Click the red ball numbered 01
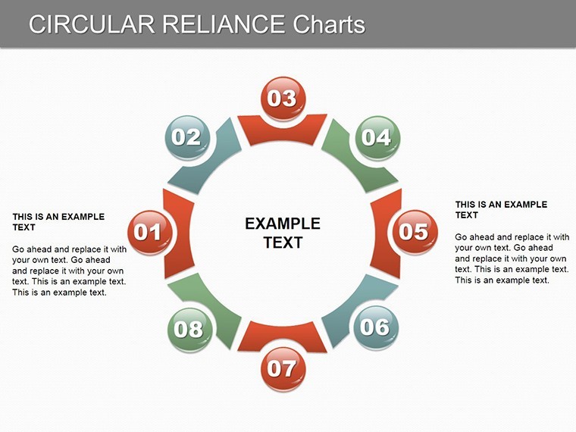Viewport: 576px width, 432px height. tap(149, 232)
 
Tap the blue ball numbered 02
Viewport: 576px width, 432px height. tap(187, 137)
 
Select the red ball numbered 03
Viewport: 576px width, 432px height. tap(283, 99)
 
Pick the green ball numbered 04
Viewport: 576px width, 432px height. tap(377, 138)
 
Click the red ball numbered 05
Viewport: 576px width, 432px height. tap(415, 232)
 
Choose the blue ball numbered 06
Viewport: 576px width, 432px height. tap(376, 327)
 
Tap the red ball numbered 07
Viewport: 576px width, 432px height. tap(283, 369)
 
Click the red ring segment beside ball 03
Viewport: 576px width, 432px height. tap(282, 133)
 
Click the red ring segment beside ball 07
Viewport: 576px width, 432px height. tap(282, 334)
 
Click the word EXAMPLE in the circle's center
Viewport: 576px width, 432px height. tap(283, 224)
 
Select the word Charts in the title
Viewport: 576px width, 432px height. tap(329, 24)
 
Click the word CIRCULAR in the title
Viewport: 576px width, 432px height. tap(92, 24)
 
